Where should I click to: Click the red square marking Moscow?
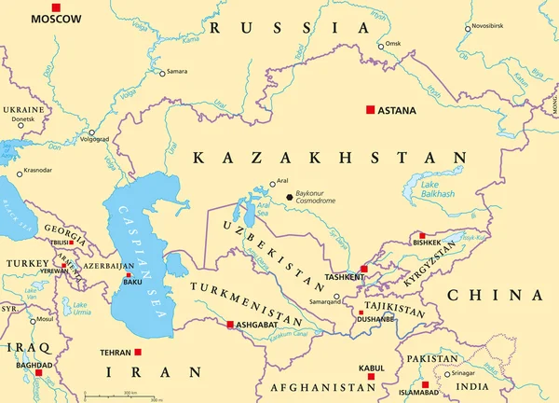[56, 7]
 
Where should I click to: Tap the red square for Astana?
[370, 110]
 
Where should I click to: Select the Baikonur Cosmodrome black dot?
[289, 197]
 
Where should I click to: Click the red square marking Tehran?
[138, 353]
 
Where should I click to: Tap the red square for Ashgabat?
[229, 326]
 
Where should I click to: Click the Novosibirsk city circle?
[468, 29]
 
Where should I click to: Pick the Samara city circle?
[161, 73]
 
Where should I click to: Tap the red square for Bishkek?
[422, 236]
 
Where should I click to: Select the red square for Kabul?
[371, 377]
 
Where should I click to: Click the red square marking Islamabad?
[425, 384]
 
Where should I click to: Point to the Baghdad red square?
[38, 373]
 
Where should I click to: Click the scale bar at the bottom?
[121, 396]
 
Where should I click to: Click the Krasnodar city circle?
[20, 174]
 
